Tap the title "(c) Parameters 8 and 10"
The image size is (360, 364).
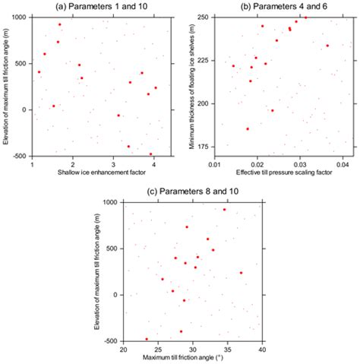tap(190, 193)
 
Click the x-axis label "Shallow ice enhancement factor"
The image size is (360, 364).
tap(94, 173)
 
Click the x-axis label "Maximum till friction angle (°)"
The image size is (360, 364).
tap(192, 356)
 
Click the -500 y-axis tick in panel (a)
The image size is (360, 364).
tap(18, 156)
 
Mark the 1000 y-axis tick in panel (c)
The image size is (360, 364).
tap(111, 202)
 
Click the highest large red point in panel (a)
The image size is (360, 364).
tap(60, 24)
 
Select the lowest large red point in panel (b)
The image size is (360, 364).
tap(248, 129)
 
